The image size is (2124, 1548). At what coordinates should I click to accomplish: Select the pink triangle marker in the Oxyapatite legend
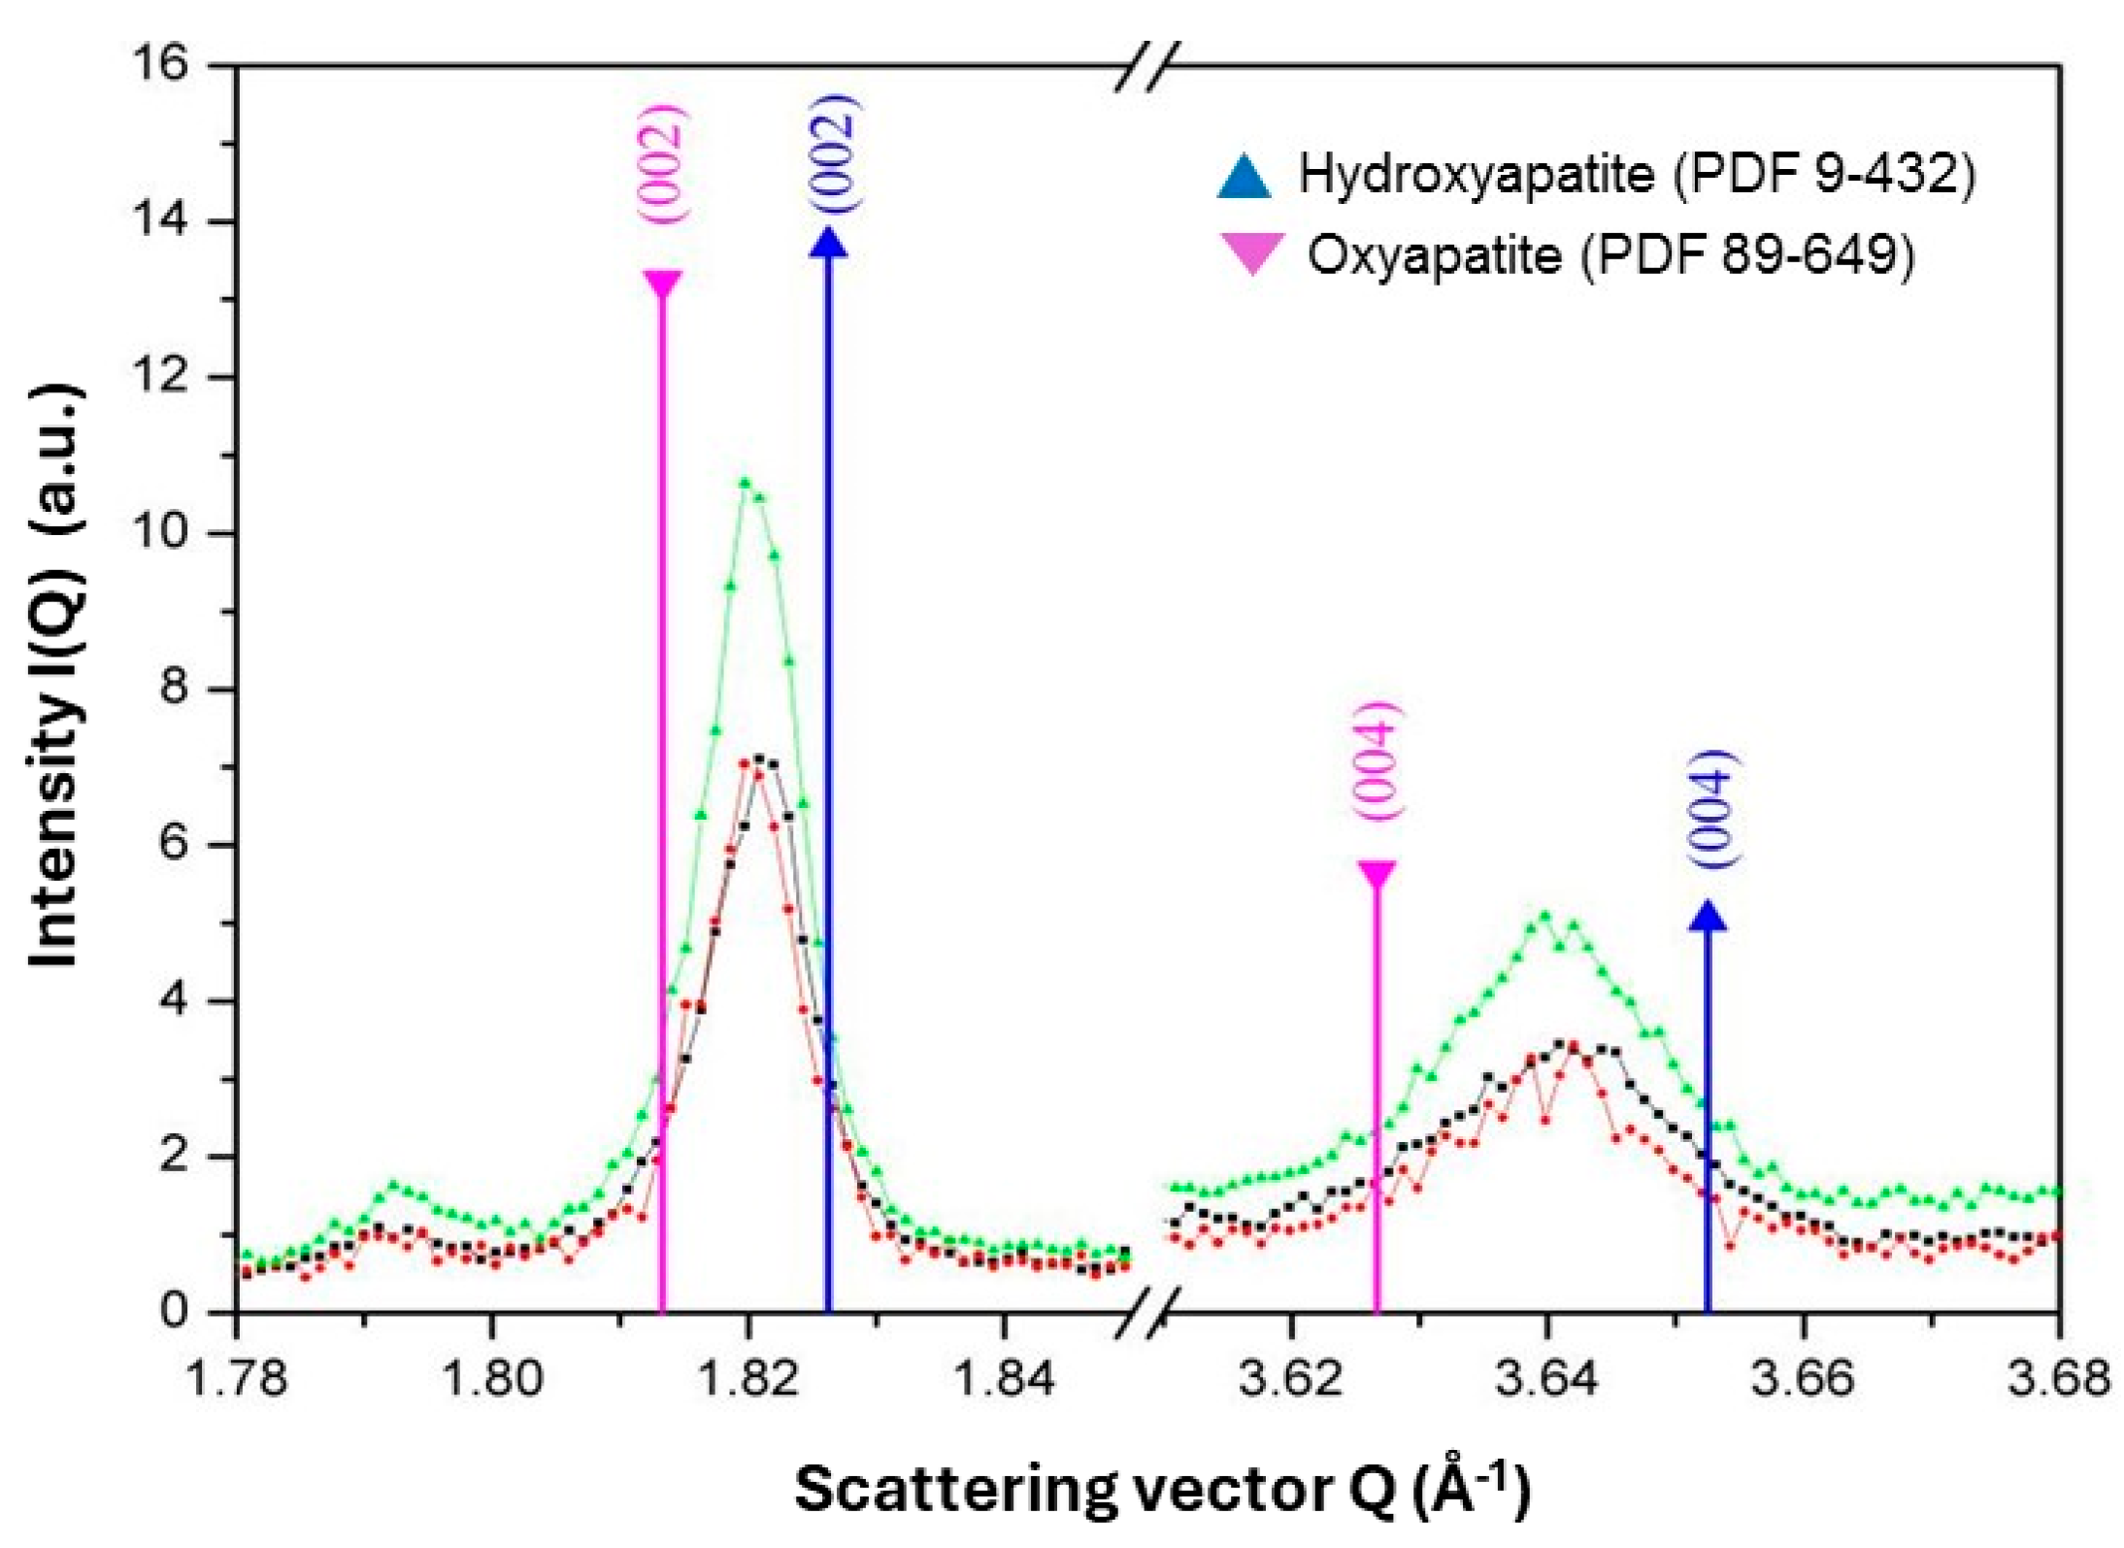[1252, 254]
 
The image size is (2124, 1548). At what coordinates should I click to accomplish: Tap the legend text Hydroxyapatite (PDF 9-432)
[1637, 176]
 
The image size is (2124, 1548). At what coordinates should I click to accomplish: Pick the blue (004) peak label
[1710, 808]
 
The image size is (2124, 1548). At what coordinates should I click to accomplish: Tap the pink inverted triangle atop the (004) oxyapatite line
[1377, 872]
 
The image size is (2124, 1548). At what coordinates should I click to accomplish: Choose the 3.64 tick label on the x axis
[1546, 1379]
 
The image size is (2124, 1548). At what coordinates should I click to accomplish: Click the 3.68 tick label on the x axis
[2058, 1379]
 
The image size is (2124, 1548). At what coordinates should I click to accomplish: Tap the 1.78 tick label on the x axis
[237, 1379]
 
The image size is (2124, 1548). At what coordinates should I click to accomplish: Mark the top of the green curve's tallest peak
[746, 483]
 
